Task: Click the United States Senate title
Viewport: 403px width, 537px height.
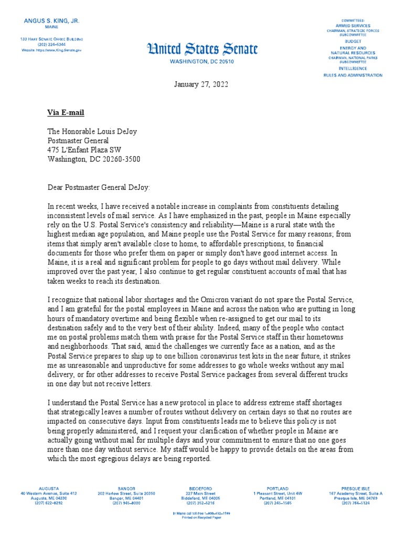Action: click(202, 50)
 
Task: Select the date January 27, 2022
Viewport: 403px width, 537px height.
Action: click(201, 85)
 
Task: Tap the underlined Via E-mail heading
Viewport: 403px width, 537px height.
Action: click(66, 113)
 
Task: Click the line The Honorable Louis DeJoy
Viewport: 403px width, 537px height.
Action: click(92, 132)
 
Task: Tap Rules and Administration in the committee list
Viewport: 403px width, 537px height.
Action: click(353, 75)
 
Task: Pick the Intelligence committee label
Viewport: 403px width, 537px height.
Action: click(353, 68)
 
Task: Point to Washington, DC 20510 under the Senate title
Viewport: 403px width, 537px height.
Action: click(202, 61)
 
